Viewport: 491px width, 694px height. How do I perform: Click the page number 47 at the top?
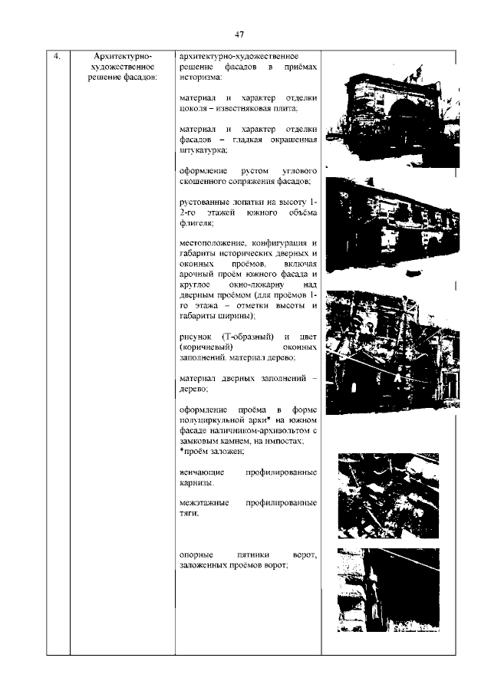click(x=239, y=35)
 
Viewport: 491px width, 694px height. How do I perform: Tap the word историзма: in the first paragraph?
click(x=199, y=77)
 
